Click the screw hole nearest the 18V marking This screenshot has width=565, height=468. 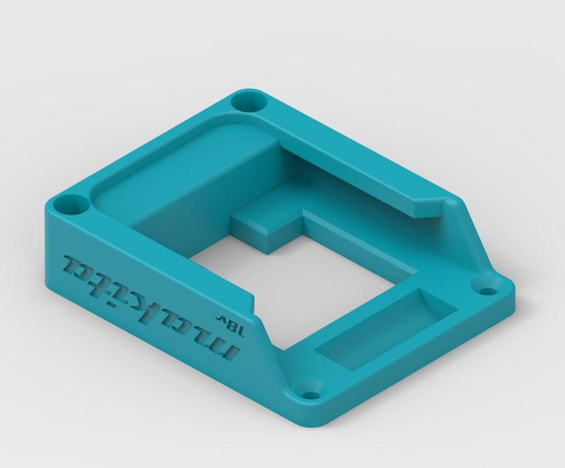[309, 390]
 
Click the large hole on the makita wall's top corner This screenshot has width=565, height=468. [69, 207]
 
